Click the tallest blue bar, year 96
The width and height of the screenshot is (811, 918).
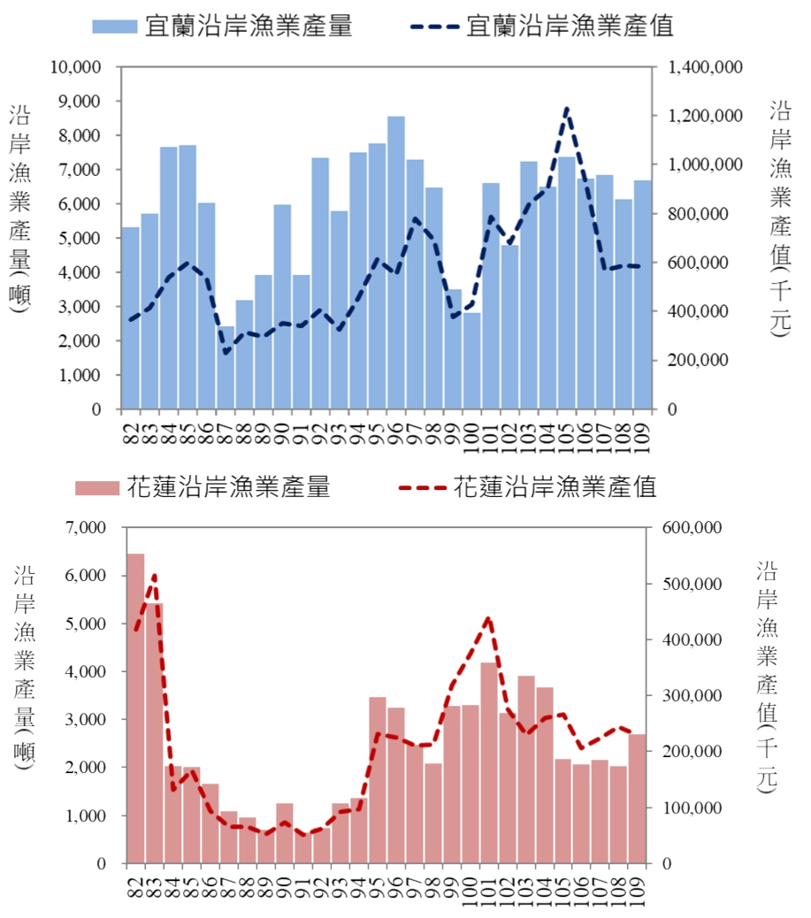point(395,265)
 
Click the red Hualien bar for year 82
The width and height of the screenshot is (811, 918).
point(135,708)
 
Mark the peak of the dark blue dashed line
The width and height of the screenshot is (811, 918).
point(566,109)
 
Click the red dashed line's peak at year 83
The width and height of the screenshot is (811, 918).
point(154,576)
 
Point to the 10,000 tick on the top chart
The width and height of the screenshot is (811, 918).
point(77,67)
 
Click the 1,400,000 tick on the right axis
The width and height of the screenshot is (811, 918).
point(707,67)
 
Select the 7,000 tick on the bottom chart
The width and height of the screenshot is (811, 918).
point(85,528)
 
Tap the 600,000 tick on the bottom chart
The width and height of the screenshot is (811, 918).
point(698,528)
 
